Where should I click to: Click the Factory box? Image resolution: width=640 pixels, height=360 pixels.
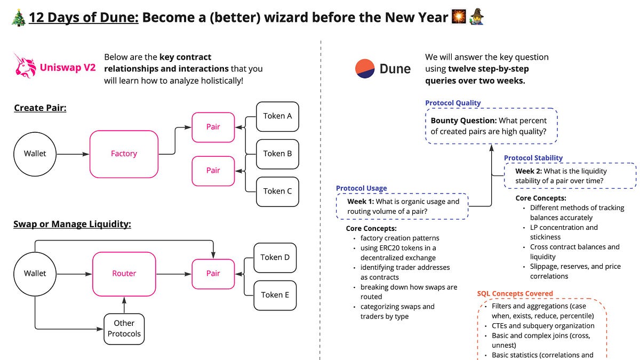pos(124,154)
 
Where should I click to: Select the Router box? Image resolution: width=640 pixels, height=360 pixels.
pos(124,273)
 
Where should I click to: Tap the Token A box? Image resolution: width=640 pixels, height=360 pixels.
pos(277,115)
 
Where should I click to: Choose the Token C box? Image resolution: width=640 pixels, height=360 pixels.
pos(277,191)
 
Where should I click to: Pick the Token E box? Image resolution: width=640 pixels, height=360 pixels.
pos(275,294)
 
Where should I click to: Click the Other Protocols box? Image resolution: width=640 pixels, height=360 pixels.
pos(124,329)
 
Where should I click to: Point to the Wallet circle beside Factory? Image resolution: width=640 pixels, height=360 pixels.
pos(35,154)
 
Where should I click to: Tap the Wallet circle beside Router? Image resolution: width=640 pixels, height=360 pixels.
pos(35,273)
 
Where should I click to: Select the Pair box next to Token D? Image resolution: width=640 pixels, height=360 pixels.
pos(213,273)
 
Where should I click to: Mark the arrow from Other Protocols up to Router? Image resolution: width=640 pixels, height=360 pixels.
pos(124,306)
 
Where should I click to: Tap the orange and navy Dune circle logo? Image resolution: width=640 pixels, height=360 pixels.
pos(365,69)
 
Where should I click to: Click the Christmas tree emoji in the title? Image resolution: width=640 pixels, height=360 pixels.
pos(18,18)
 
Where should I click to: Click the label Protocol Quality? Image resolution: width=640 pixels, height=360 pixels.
pos(453,103)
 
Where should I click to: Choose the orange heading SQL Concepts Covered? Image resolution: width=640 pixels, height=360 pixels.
pos(515,293)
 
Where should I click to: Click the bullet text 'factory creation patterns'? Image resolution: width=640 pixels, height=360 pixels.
pos(399,238)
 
